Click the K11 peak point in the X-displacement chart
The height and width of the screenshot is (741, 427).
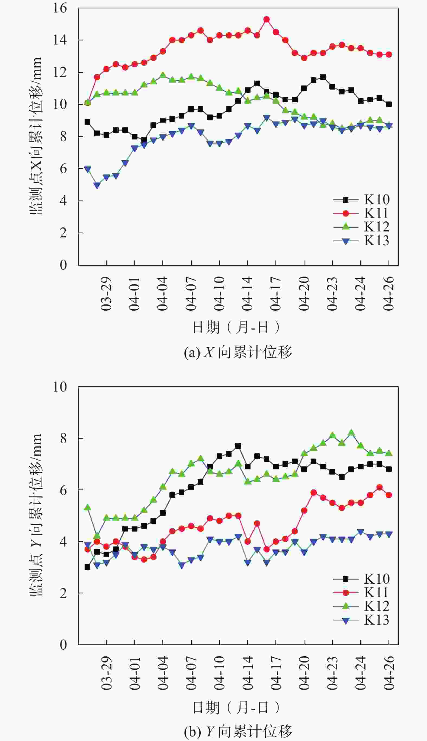pyautogui.click(x=267, y=19)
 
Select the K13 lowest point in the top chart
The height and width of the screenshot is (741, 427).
pyautogui.click(x=97, y=185)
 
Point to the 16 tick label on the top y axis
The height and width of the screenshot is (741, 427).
pyautogui.click(x=60, y=8)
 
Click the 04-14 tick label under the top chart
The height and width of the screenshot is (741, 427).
pyautogui.click(x=248, y=294)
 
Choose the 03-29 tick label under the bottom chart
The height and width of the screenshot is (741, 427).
pyautogui.click(x=107, y=672)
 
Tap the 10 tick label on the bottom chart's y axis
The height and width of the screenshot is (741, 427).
pyautogui.click(x=60, y=387)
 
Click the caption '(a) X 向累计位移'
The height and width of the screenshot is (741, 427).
pyautogui.click(x=238, y=352)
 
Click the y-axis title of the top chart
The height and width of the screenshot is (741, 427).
pyautogui.click(x=36, y=136)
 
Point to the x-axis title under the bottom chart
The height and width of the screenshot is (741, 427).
pyautogui.click(x=236, y=708)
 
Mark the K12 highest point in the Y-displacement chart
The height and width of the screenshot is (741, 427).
pyautogui.click(x=351, y=432)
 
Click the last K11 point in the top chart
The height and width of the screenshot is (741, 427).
pyautogui.click(x=389, y=55)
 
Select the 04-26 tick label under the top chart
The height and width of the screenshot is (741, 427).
pyautogui.click(x=389, y=294)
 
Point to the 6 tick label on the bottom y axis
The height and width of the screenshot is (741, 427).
pyautogui.click(x=63, y=490)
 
